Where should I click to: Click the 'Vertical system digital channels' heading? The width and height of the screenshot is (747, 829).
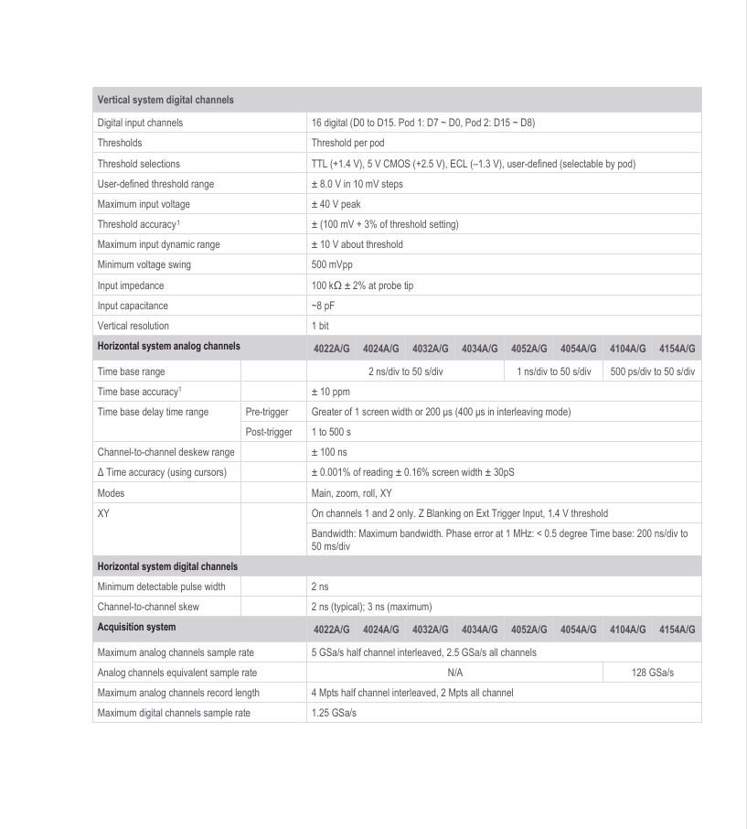click(165, 100)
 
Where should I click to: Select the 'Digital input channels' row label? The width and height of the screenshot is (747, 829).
click(140, 123)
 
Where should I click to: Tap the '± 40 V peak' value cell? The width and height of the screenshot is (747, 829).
click(336, 204)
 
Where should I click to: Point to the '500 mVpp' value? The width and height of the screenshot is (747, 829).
click(332, 265)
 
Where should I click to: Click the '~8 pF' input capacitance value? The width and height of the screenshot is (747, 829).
click(324, 306)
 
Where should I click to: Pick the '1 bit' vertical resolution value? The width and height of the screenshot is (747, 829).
click(321, 326)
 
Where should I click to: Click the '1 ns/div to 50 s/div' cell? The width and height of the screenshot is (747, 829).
click(553, 371)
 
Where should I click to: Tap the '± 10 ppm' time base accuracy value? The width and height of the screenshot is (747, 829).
click(330, 392)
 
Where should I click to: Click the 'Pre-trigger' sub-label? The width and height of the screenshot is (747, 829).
click(268, 412)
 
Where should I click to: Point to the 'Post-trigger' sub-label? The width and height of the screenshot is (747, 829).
click(270, 432)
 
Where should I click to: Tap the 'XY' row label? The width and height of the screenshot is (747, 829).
click(103, 513)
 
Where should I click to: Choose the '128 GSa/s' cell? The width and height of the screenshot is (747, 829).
click(653, 673)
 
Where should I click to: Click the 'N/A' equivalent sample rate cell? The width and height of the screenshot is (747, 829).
click(454, 673)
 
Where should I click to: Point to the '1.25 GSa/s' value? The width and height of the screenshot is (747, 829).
click(334, 713)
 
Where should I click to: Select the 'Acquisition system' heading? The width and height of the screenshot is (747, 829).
click(136, 628)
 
